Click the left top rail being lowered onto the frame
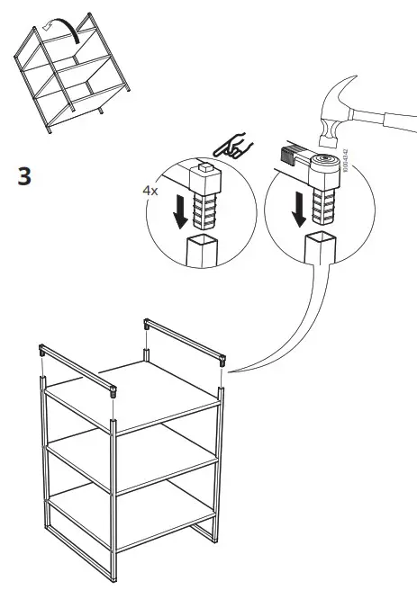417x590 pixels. pyautogui.click(x=77, y=369)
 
